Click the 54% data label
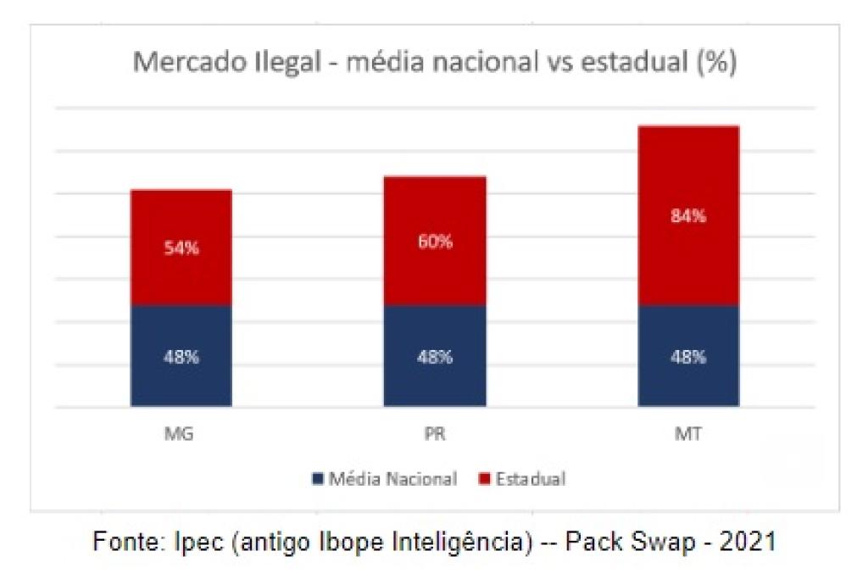pyautogui.click(x=181, y=249)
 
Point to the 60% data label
pyautogui.click(x=435, y=242)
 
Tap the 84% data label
pyautogui.click(x=688, y=215)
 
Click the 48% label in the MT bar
pyautogui.click(x=688, y=357)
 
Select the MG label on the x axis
pyautogui.click(x=181, y=436)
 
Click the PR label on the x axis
pyautogui.click(x=435, y=436)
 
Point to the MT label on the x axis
pyautogui.click(x=688, y=436)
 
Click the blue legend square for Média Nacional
pyautogui.click(x=318, y=479)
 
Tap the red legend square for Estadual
pyautogui.click(x=484, y=479)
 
